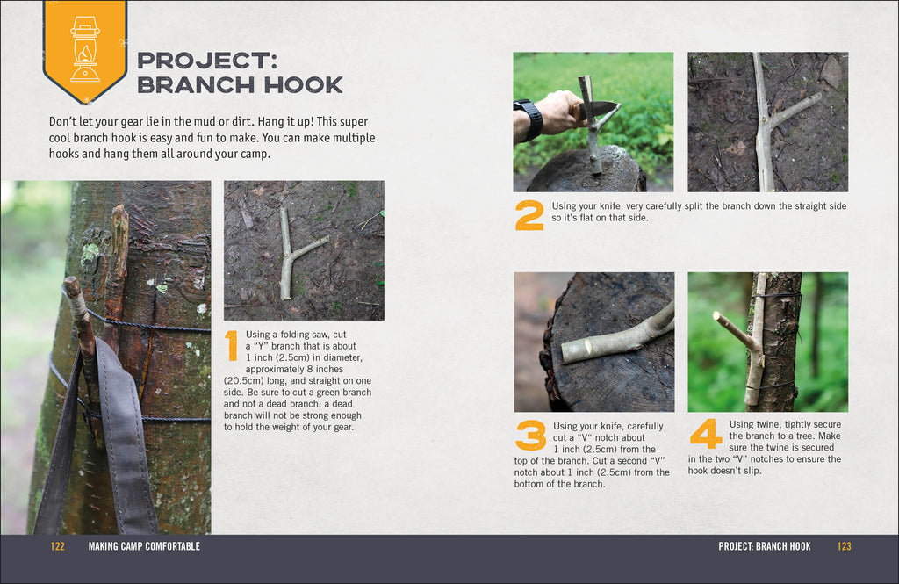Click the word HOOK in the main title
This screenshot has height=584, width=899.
click(298, 85)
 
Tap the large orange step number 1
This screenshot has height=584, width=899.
click(232, 345)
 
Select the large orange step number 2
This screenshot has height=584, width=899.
click(529, 215)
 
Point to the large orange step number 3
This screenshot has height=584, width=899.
click(530, 435)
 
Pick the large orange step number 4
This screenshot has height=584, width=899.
click(706, 433)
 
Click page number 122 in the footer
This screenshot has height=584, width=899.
click(58, 546)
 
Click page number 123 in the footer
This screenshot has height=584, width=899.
click(844, 546)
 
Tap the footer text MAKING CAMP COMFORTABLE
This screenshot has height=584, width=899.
click(144, 546)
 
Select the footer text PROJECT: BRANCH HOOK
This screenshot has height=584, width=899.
click(764, 546)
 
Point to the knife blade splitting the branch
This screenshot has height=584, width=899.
click(599, 108)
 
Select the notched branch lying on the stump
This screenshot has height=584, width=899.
click(615, 338)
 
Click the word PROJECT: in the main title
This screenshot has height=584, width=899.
click(206, 61)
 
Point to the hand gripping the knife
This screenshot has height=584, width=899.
click(559, 112)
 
